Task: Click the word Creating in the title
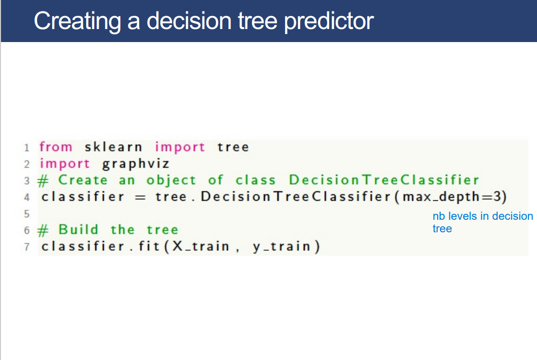point(76,21)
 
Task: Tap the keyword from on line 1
point(56,147)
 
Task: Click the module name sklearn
point(113,147)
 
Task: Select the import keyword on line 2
point(65,164)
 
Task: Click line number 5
point(27,213)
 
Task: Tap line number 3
point(27,180)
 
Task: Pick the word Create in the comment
point(83,180)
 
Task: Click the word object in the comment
point(171,180)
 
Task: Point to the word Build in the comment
point(78,229)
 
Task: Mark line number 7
point(27,247)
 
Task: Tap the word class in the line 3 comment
point(255,180)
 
